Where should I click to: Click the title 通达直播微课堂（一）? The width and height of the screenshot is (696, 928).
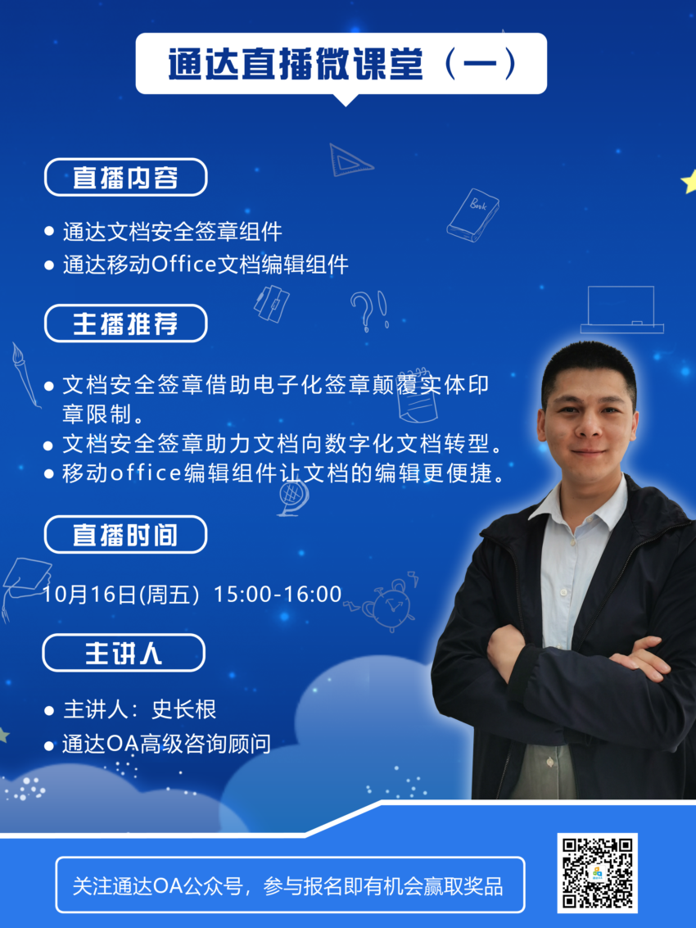pyautogui.click(x=342, y=64)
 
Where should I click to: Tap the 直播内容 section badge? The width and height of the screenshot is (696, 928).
pyautogui.click(x=125, y=177)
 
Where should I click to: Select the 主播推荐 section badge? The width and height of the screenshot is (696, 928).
pyautogui.click(x=125, y=324)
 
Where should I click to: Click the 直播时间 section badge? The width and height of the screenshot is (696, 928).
pyautogui.click(x=125, y=534)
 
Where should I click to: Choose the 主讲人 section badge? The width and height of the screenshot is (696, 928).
pyautogui.click(x=124, y=653)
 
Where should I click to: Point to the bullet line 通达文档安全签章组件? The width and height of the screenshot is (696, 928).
pyautogui.click(x=172, y=232)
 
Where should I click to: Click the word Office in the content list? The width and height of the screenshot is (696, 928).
pyautogui.click(x=183, y=264)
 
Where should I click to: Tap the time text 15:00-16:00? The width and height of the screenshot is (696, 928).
pyautogui.click(x=278, y=594)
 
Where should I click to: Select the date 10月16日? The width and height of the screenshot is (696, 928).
pyautogui.click(x=89, y=594)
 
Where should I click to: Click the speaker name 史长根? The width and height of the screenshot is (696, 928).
pyautogui.click(x=184, y=709)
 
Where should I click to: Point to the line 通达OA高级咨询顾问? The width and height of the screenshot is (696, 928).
pyautogui.click(x=166, y=744)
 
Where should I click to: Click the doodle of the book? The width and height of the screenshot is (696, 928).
pyautogui.click(x=473, y=215)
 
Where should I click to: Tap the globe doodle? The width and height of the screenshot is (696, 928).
pyautogui.click(x=294, y=497)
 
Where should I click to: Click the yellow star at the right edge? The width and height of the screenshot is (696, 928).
pyautogui.click(x=689, y=182)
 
